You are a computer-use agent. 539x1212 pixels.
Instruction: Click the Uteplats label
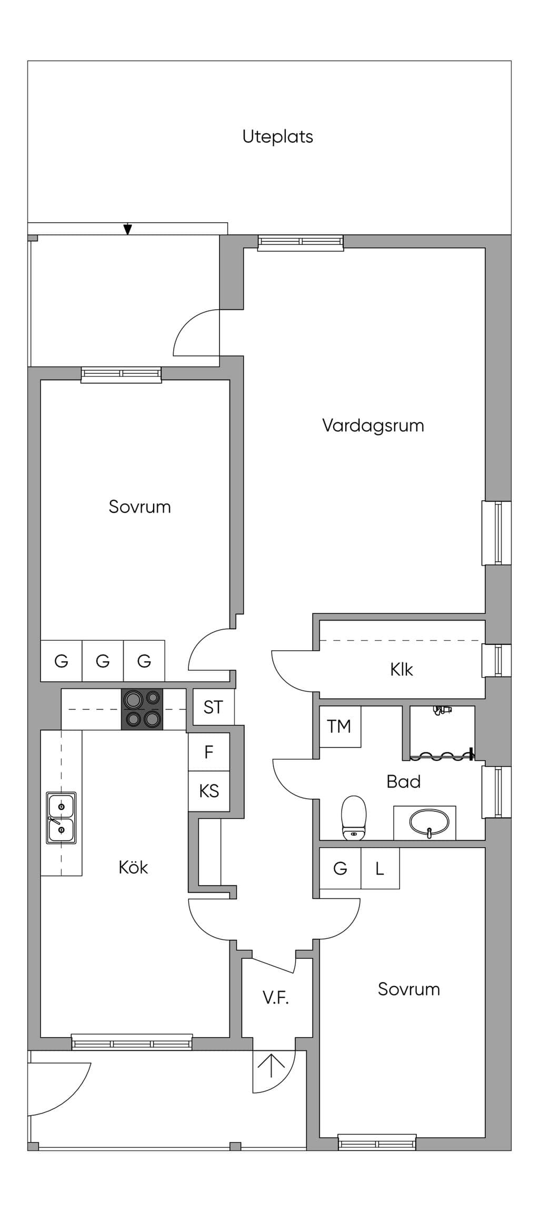tap(277, 137)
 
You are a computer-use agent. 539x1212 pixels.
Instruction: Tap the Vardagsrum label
tap(373, 426)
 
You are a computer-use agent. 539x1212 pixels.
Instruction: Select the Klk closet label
tap(402, 670)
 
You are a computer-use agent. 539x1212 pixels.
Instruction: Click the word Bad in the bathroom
tap(404, 781)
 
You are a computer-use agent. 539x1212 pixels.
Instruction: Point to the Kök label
tap(133, 867)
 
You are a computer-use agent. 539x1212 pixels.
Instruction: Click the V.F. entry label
tap(276, 997)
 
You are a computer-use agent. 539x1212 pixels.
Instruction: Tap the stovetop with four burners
tap(142, 709)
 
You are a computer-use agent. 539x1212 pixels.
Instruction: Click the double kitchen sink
tap(61, 818)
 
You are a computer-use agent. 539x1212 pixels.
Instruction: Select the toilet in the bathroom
tap(354, 818)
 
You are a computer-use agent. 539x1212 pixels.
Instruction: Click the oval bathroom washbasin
tap(430, 822)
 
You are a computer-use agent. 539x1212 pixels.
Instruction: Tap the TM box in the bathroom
tap(340, 727)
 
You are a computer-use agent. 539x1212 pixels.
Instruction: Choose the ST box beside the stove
tap(213, 707)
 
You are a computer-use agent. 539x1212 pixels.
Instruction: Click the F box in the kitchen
tap(209, 752)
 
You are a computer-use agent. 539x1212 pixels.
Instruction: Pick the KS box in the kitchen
tap(209, 791)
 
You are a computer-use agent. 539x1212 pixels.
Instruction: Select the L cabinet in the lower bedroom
tap(380, 868)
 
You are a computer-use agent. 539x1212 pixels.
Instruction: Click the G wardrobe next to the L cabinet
tap(341, 868)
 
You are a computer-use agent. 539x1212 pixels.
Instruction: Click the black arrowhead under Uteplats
tap(127, 230)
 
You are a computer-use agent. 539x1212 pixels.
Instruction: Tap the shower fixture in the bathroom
tap(442, 710)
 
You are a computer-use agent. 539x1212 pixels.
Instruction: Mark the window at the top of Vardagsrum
tap(301, 241)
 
